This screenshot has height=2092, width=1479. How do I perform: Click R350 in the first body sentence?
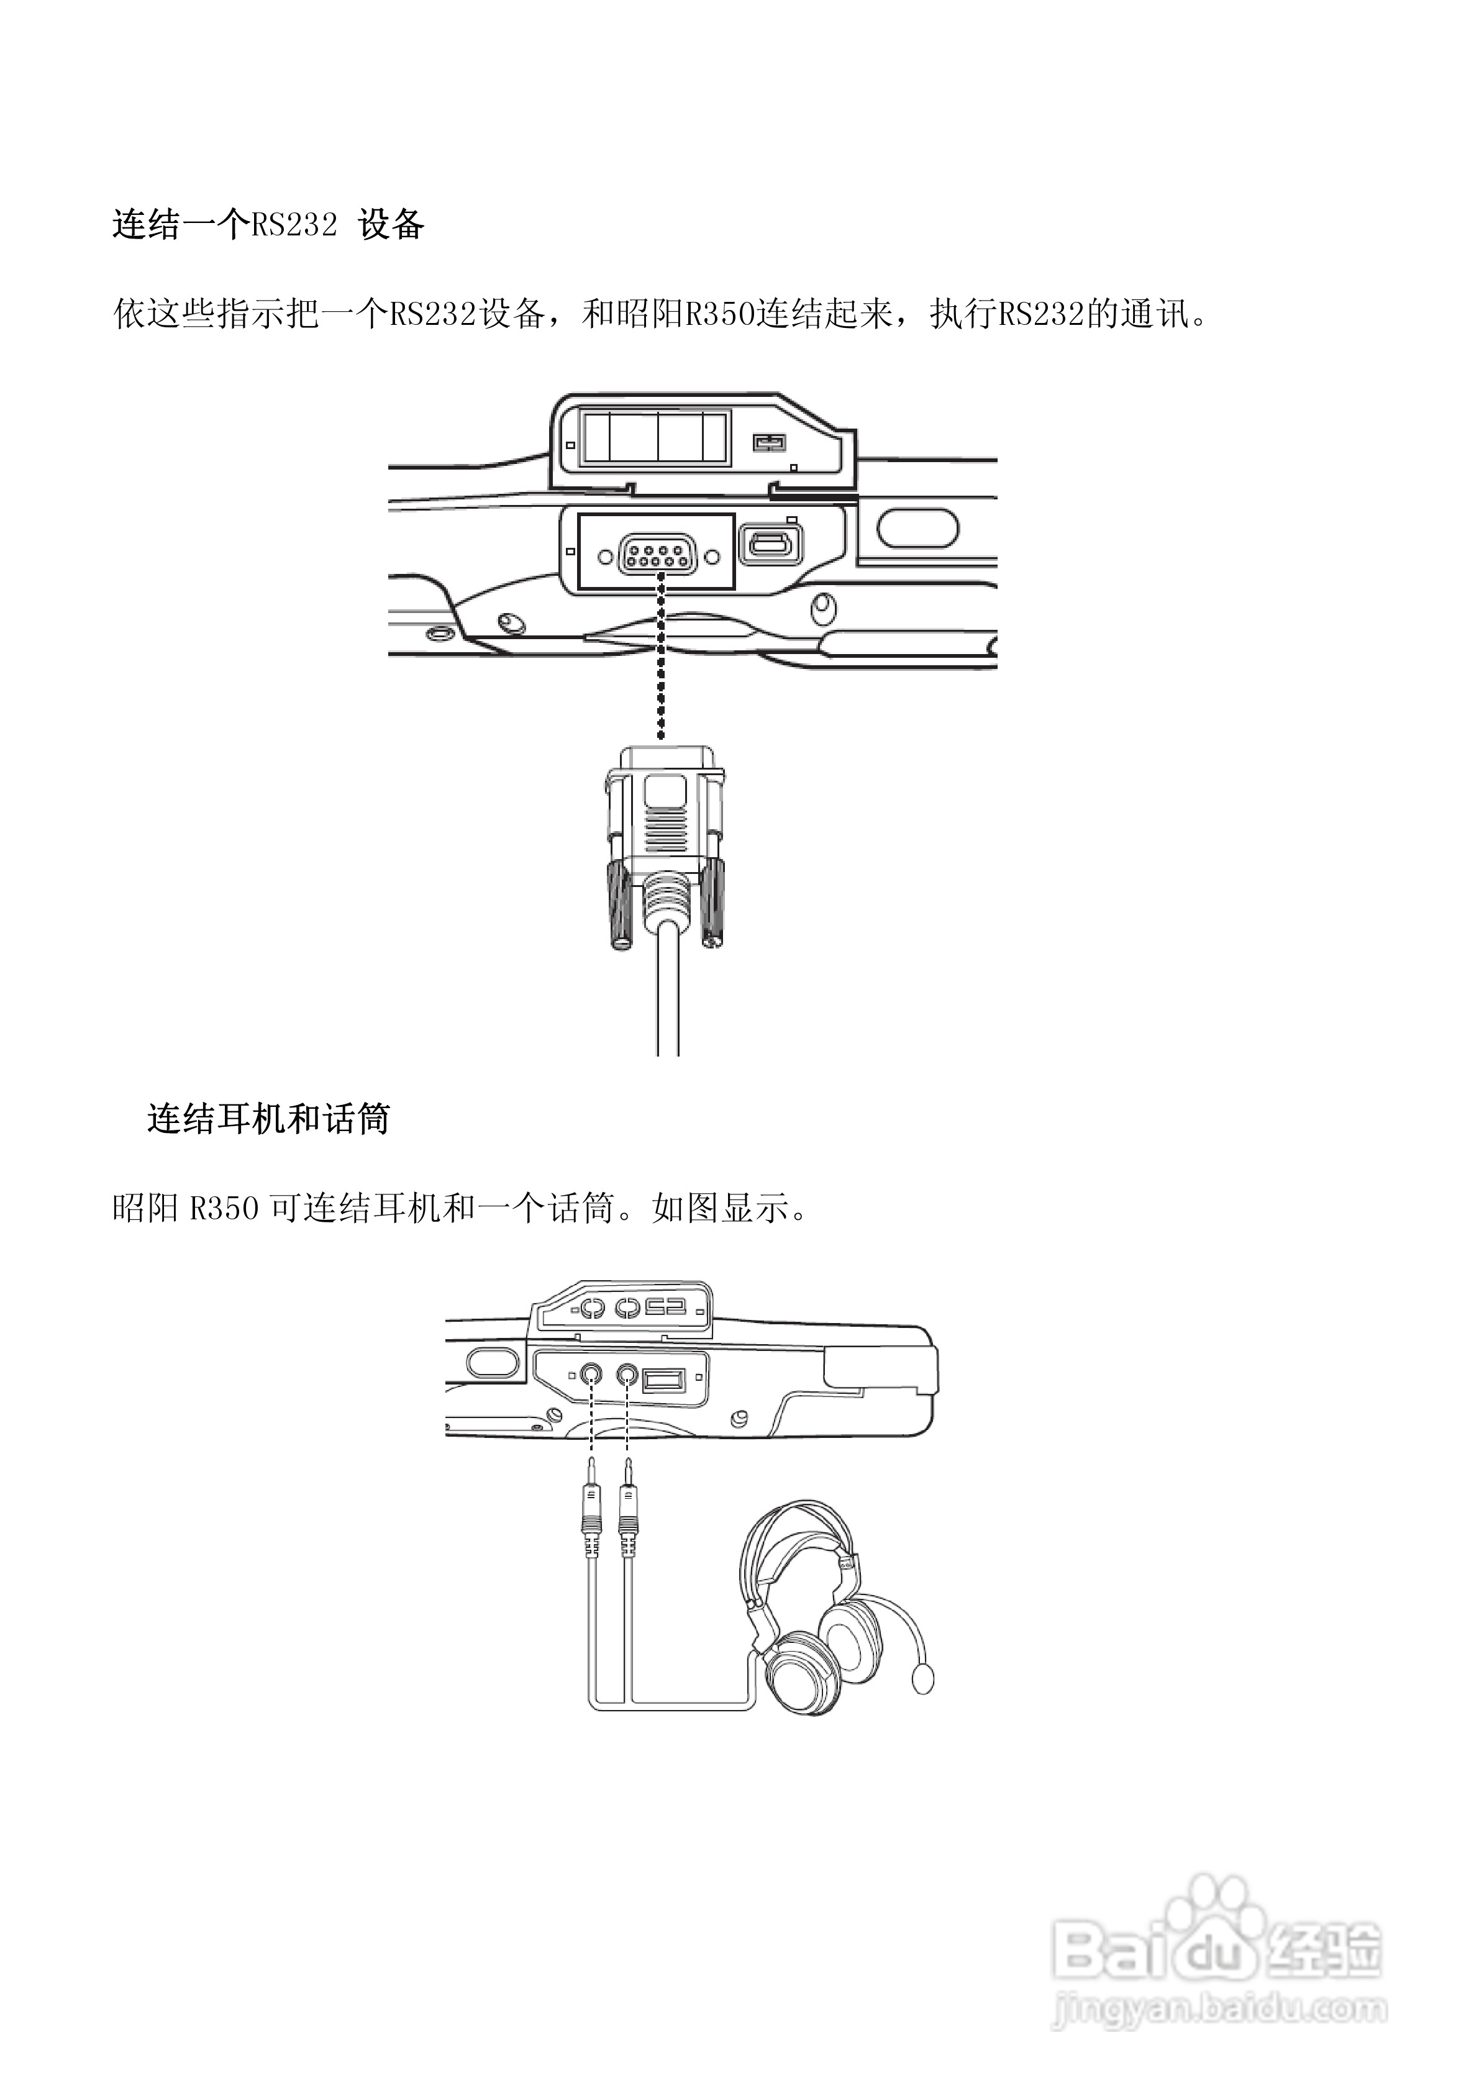[720, 314]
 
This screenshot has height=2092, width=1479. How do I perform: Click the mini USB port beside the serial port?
[771, 547]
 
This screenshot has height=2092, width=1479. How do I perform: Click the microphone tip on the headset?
[923, 1678]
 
